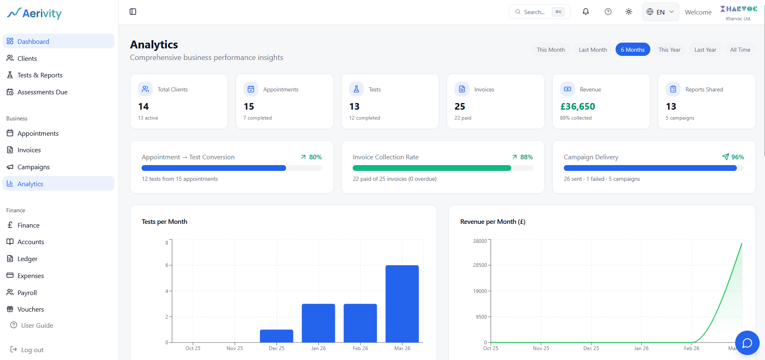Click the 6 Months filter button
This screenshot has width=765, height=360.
[633, 50]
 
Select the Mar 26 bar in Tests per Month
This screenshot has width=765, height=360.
[402, 304]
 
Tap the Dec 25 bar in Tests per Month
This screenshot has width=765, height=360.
[277, 336]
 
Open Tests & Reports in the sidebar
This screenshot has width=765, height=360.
[40, 75]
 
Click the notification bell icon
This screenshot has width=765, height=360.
[586, 12]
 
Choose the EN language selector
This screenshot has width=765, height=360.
[660, 12]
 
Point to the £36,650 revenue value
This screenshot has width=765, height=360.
[577, 107]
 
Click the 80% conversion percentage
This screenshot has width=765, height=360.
[315, 157]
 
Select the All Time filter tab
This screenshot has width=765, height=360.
[740, 50]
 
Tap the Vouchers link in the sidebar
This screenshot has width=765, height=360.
[30, 310]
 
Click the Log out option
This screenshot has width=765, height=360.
[32, 350]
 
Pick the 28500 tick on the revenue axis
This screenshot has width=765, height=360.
[480, 265]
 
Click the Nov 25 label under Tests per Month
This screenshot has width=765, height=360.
[235, 348]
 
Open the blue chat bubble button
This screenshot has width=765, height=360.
[747, 343]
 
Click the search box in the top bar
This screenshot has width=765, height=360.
[539, 12]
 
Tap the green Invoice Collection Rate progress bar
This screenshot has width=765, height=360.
[432, 168]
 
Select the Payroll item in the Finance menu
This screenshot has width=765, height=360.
[27, 293]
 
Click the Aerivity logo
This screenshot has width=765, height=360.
[34, 13]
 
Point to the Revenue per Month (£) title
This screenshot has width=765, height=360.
[493, 222]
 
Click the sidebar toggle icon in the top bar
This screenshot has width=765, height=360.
[133, 12]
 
